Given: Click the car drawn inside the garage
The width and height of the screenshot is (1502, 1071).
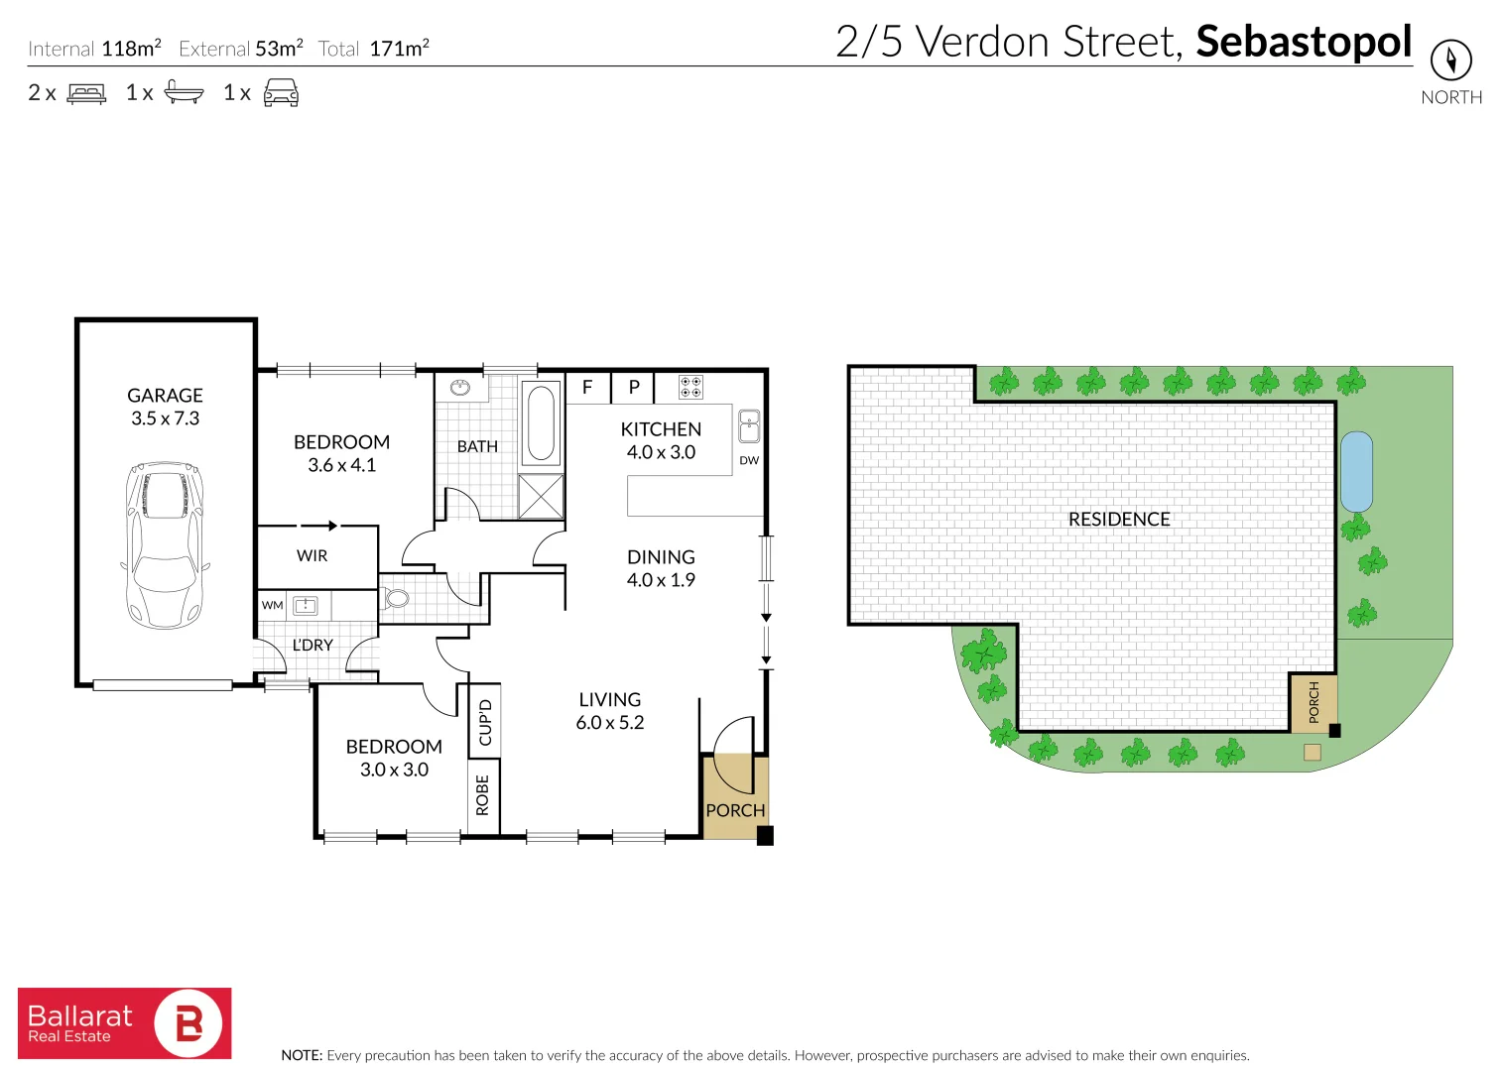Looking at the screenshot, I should (x=165, y=544).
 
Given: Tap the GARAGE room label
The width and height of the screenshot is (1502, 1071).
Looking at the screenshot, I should (x=165, y=396).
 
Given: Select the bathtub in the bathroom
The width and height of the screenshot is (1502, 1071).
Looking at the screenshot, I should (x=541, y=423).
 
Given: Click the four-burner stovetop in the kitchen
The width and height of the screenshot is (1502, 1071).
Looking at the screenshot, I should (x=690, y=387).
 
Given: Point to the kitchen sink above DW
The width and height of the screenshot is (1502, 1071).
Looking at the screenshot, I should (x=749, y=425).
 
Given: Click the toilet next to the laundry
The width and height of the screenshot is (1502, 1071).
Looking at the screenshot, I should (x=396, y=598).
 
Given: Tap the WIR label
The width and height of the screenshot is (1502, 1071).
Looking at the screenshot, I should (x=312, y=556).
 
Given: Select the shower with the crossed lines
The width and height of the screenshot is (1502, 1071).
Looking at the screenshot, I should (x=541, y=496).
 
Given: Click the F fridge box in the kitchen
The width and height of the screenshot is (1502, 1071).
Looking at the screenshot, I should (x=587, y=388).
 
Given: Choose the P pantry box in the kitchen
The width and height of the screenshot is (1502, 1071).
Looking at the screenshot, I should (x=634, y=388).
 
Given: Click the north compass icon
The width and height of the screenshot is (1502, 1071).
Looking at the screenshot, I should (x=1450, y=60).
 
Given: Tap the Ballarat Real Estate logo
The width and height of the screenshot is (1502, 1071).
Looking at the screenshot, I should (x=125, y=1023).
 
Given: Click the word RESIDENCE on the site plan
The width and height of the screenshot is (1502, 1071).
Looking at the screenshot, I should (x=1119, y=520).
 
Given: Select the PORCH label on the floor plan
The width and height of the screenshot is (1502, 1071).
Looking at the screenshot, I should (x=735, y=810).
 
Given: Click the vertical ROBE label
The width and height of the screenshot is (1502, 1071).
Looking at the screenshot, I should (x=483, y=795).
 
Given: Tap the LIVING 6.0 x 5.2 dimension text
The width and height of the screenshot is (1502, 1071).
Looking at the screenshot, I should (x=610, y=723).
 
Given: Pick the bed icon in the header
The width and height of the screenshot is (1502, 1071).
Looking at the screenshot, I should (x=86, y=93).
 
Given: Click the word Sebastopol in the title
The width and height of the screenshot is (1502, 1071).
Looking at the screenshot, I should (x=1304, y=42).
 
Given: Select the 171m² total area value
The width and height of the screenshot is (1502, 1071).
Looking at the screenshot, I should (x=399, y=49).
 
